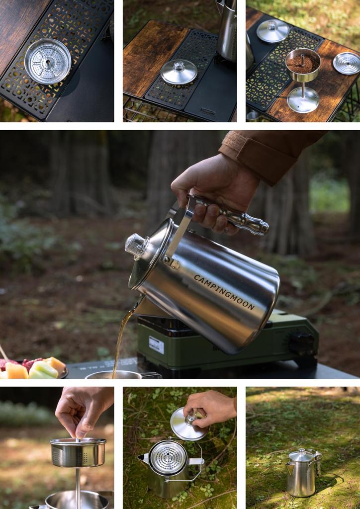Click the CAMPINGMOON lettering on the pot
(x=224, y=292)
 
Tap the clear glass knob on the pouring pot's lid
(x=137, y=244)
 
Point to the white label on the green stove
(x=156, y=345)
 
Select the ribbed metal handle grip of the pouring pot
(x=234, y=215)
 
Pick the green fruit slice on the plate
(x=44, y=369)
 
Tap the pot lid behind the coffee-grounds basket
(x=272, y=30)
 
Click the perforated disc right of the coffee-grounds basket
(x=347, y=63)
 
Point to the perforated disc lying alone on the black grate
(x=48, y=61)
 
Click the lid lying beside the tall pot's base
(x=179, y=72)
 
